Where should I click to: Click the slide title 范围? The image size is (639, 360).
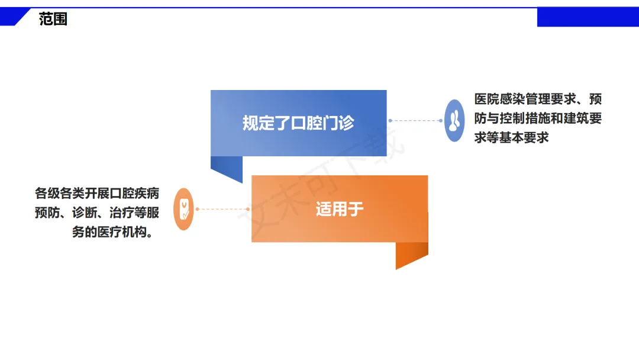point(53,19)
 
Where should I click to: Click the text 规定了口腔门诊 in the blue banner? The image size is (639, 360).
point(298,123)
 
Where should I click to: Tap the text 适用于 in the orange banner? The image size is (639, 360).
point(340,209)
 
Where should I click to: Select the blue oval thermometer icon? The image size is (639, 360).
point(454,121)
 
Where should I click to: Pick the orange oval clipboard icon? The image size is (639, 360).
point(184,209)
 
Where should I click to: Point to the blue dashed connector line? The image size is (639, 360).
point(415,121)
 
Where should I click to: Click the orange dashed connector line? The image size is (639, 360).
point(222,209)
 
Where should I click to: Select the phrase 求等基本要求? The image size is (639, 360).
point(512,137)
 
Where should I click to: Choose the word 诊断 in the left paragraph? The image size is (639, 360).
point(86,213)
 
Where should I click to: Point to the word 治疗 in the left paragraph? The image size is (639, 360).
point(124,213)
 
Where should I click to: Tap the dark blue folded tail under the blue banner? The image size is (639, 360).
point(228,168)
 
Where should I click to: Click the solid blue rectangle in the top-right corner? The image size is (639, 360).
point(587,18)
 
